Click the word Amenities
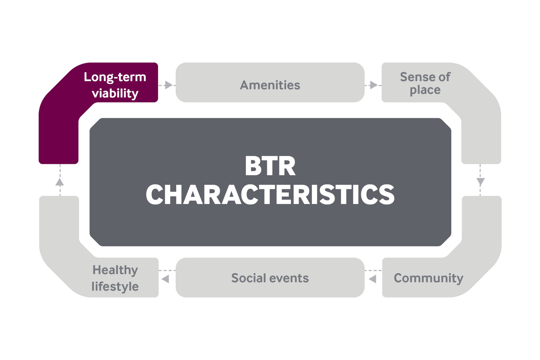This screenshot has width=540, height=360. pos(270,85)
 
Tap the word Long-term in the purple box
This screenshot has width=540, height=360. pos(115,77)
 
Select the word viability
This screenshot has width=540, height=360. pos(115,93)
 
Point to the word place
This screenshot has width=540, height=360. pos(425,90)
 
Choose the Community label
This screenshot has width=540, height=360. pos(429,278)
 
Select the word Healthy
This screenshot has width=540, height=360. pos(115,270)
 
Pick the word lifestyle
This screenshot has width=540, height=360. pos(115,286)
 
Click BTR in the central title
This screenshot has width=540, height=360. pos(270,166)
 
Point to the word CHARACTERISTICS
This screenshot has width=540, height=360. pos(270,195)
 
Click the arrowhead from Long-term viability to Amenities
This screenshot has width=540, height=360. pos(169,85)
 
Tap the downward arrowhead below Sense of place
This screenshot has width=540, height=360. pos(481,182)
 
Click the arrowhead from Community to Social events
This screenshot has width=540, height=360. pos(372,279)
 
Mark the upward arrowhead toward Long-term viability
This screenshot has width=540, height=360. pos(60,182)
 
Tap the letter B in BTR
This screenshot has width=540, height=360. pos(252,166)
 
